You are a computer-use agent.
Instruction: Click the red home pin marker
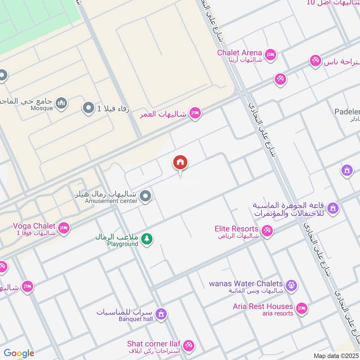pyautogui.click(x=180, y=163)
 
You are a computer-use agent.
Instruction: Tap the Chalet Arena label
pyautogui.click(x=239, y=53)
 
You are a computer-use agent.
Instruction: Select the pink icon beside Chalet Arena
pyautogui.click(x=270, y=55)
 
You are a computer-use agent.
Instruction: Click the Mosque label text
pyautogui.click(x=42, y=108)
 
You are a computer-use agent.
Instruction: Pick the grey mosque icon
pyautogui.click(x=62, y=104)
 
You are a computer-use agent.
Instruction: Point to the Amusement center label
pyautogui.click(x=111, y=201)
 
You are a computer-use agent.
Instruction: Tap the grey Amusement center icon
pyautogui.click(x=145, y=196)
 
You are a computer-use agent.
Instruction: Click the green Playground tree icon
pyautogui.click(x=146, y=239)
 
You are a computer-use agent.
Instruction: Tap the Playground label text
pyautogui.click(x=122, y=244)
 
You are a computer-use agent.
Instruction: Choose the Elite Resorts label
pyautogui.click(x=236, y=229)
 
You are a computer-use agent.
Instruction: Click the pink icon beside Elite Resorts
pyautogui.click(x=267, y=231)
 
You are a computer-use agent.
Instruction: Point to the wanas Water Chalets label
pyautogui.click(x=246, y=284)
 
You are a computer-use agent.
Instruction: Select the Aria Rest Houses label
pyautogui.click(x=263, y=306)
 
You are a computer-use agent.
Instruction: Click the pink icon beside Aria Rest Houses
pyautogui.click(x=301, y=308)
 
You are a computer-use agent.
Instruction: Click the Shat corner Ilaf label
pyautogui.click(x=154, y=344)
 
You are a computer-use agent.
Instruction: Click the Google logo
pyautogui.click(x=19, y=354)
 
